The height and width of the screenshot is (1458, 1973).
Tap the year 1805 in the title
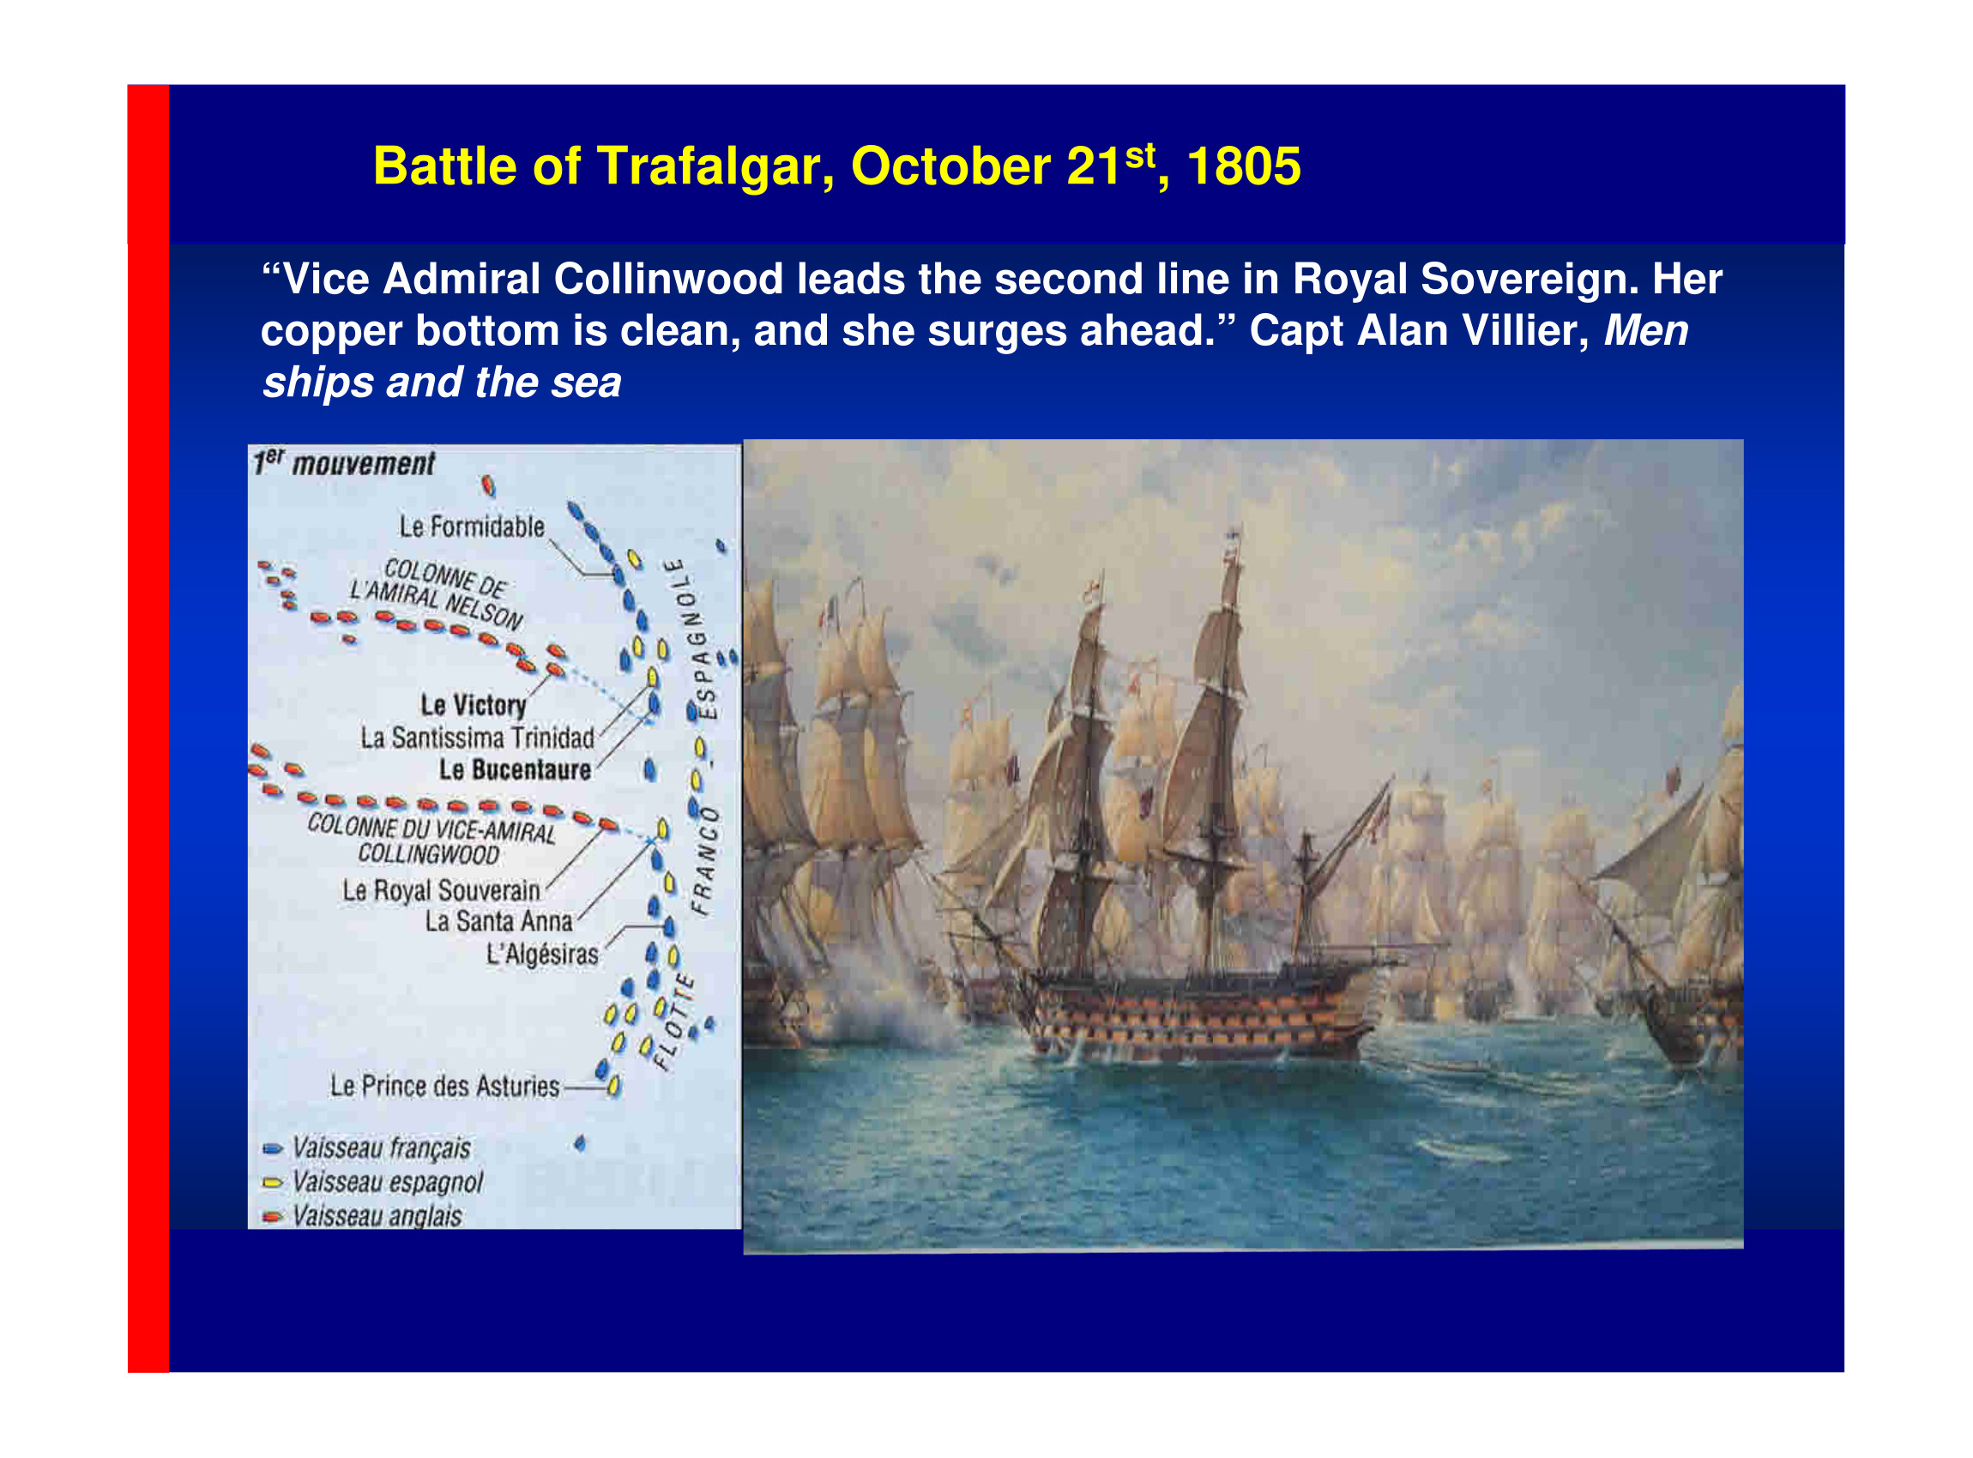(x=1244, y=166)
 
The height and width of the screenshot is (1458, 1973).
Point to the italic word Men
(x=1645, y=331)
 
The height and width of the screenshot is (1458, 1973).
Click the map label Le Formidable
(x=472, y=527)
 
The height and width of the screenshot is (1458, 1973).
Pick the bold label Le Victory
(x=474, y=705)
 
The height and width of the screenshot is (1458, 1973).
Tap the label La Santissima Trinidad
(x=478, y=738)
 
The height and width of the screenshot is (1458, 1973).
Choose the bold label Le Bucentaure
(x=516, y=769)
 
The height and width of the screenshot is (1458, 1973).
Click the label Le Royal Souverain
(x=442, y=891)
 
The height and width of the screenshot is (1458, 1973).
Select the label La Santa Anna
(x=498, y=921)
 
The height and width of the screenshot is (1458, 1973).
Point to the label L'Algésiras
(x=543, y=954)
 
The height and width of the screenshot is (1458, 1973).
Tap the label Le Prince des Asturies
(x=445, y=1087)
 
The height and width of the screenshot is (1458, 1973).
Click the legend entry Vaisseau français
(x=382, y=1148)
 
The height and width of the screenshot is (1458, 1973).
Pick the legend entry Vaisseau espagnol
(x=388, y=1183)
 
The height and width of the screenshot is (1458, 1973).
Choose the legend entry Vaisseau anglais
(x=377, y=1216)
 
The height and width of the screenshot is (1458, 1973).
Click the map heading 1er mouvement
(x=344, y=463)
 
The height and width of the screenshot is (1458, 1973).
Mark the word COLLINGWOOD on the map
(x=428, y=854)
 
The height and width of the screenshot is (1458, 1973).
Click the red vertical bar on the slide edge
(x=148, y=728)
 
